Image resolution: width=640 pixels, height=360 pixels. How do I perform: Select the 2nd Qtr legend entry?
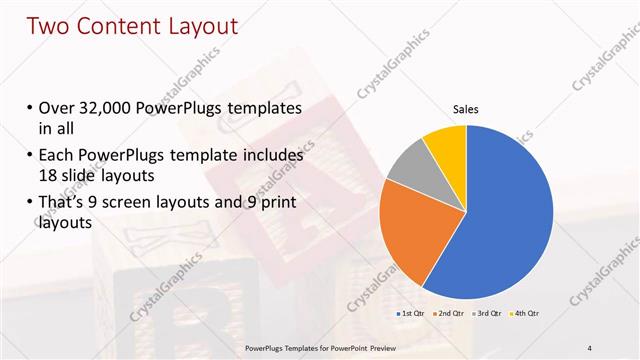(450, 314)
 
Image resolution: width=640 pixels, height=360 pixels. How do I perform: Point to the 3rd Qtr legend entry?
(490, 314)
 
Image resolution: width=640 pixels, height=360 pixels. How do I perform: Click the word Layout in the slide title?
(199, 26)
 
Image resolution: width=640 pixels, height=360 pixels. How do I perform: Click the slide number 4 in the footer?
(591, 347)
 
